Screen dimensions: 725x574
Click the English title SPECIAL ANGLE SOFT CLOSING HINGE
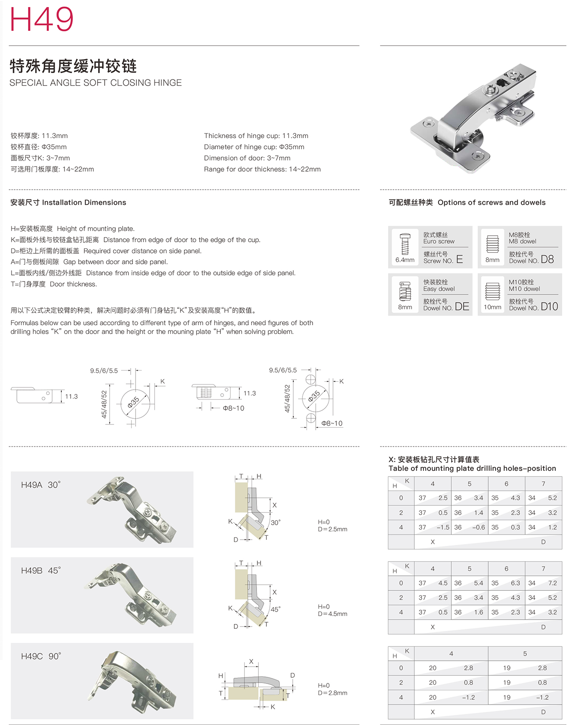click(95, 83)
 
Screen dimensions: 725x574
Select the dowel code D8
click(547, 259)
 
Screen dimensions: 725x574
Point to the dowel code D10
click(549, 306)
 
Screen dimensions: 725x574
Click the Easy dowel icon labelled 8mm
click(405, 291)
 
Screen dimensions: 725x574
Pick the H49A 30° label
click(41, 485)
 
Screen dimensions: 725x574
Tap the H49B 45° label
click(41, 571)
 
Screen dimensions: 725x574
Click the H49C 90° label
click(41, 656)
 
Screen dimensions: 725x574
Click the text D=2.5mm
click(332, 529)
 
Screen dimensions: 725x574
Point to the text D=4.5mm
click(332, 614)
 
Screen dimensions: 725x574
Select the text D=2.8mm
click(332, 693)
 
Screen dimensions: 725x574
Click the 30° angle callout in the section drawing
click(276, 522)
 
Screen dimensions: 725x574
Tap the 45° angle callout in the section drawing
click(276, 609)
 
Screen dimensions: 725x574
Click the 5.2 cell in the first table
click(552, 498)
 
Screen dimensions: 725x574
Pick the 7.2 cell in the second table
click(552, 583)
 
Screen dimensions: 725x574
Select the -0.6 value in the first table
click(478, 527)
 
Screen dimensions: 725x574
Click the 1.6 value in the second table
click(479, 612)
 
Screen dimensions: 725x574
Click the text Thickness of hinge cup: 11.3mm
click(256, 136)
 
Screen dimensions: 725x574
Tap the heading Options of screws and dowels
click(491, 203)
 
